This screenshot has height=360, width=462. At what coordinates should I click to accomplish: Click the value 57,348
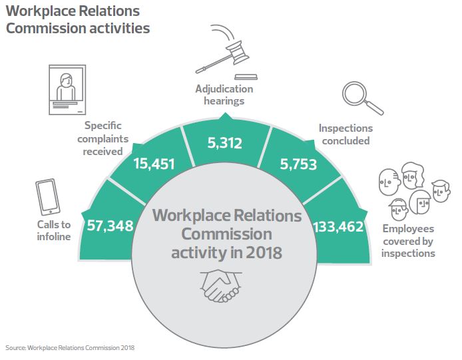[x=110, y=226]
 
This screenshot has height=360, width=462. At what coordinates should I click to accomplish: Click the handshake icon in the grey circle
[x=220, y=285]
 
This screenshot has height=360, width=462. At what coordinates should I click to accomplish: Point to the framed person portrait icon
[x=67, y=86]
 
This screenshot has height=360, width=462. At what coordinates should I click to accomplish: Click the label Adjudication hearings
[x=224, y=95]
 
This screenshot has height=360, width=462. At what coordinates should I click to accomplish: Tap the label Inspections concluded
[x=346, y=134]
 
